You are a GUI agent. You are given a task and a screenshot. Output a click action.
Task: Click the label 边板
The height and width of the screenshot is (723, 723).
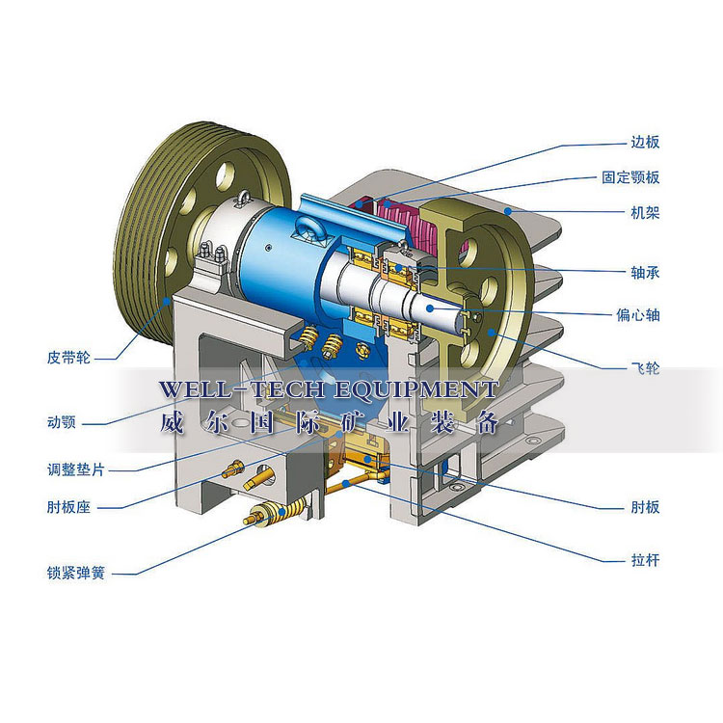[x=645, y=142]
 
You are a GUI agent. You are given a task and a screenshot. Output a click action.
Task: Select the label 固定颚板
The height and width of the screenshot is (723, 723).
[x=630, y=177]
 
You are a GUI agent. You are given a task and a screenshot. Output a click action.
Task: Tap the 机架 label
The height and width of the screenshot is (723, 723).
[x=645, y=213]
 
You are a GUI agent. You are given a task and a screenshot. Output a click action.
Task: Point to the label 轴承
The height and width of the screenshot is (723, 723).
[x=645, y=273]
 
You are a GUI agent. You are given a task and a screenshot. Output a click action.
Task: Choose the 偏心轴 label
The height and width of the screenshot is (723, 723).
[x=638, y=315]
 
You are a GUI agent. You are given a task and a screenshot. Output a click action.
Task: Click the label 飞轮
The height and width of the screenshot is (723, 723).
[x=645, y=368]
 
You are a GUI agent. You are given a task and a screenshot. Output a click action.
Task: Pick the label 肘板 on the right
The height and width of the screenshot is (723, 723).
[x=645, y=508]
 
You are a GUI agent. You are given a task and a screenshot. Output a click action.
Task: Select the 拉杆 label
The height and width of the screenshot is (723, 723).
[x=645, y=561]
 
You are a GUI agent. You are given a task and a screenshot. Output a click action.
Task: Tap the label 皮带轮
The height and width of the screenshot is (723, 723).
[x=68, y=358]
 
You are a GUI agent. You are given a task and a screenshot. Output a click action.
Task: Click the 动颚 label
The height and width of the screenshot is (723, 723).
[x=62, y=422]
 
